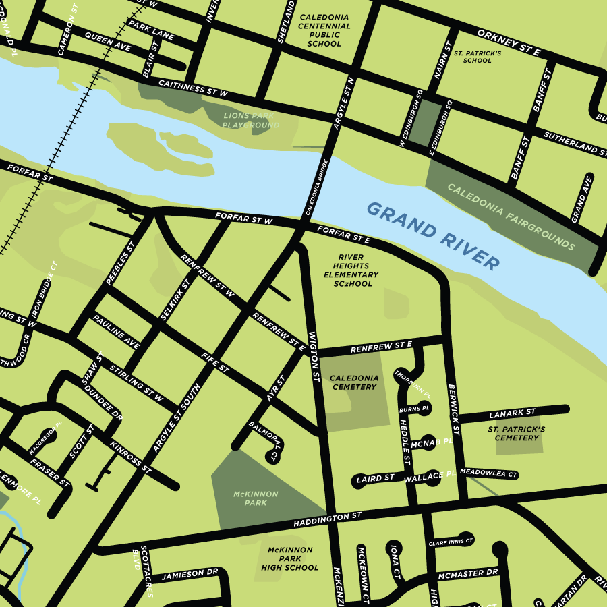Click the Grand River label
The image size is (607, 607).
point(434,235)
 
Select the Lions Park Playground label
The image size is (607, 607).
point(251,121)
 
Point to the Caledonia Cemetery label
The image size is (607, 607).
point(354,382)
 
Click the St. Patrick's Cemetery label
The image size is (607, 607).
point(516,433)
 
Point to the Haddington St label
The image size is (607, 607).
point(327,519)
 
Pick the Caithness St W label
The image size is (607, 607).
point(193,88)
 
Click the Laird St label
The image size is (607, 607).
point(375,478)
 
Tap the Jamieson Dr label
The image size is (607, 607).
point(190,573)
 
